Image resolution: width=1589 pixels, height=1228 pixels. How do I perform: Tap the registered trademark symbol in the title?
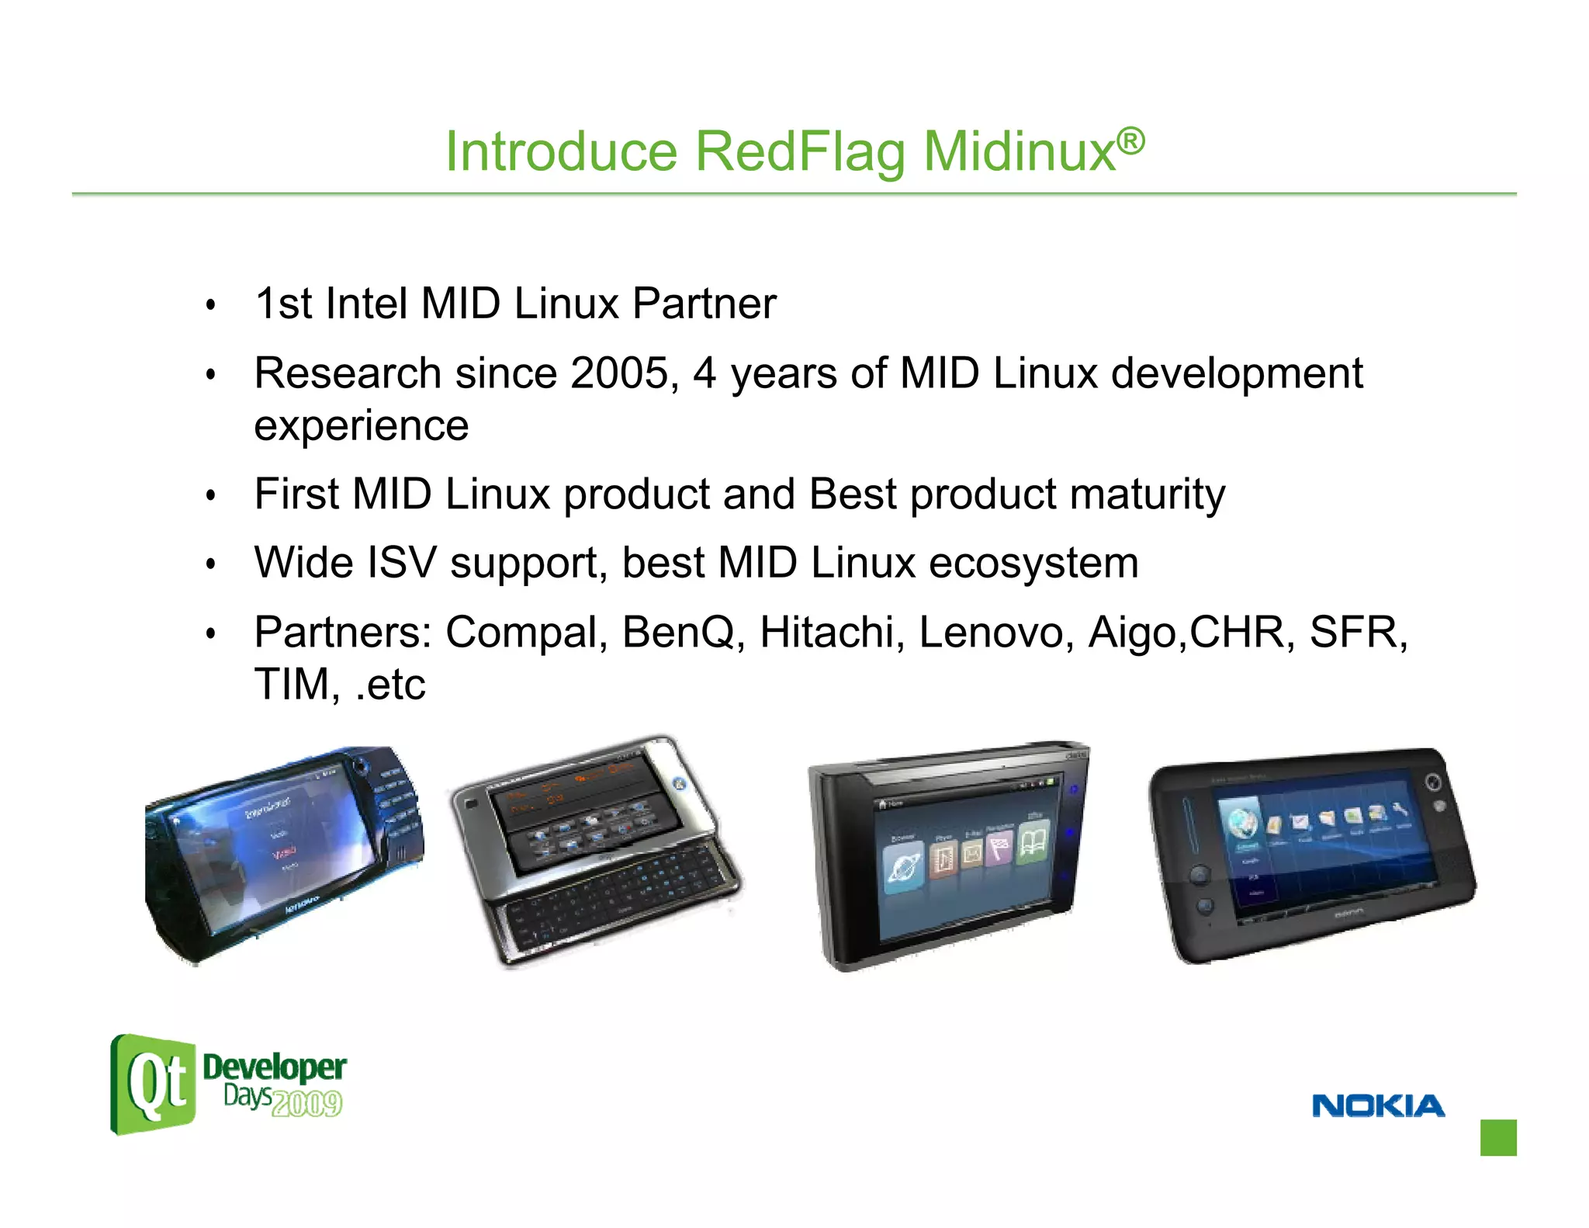tap(1130, 140)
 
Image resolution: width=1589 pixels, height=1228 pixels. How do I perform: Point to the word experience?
tap(361, 426)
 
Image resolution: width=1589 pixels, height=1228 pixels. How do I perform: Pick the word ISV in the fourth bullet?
tap(401, 563)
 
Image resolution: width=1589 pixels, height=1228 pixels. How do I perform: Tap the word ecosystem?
tap(1033, 563)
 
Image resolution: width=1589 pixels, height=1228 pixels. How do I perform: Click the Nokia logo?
tap(1378, 1105)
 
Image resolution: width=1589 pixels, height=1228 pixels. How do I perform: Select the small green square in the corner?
tap(1497, 1137)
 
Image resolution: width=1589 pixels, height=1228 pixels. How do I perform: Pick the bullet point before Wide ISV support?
tap(209, 564)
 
